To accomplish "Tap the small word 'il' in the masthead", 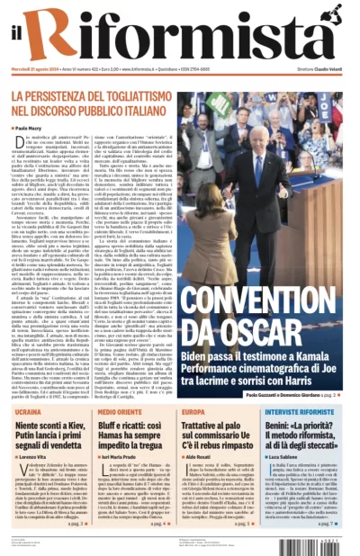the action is coord(19,35).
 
